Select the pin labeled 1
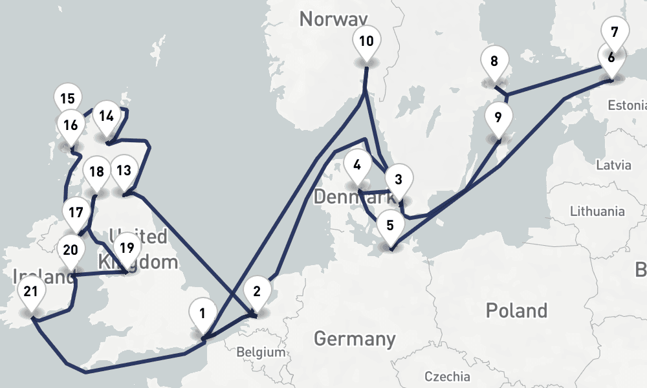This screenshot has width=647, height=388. [203, 315]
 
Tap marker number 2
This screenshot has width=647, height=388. [257, 292]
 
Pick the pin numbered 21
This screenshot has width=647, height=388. [30, 292]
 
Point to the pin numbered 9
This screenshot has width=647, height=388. [498, 118]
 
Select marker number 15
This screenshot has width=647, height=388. [67, 100]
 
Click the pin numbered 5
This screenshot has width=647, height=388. [389, 226]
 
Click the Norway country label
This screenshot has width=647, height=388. [333, 19]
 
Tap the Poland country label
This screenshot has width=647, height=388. [516, 310]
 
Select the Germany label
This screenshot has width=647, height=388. [354, 338]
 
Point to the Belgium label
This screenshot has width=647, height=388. [261, 352]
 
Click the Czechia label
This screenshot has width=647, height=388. [448, 376]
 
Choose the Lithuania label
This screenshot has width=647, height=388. [597, 211]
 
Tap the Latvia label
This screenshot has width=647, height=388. [613, 165]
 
